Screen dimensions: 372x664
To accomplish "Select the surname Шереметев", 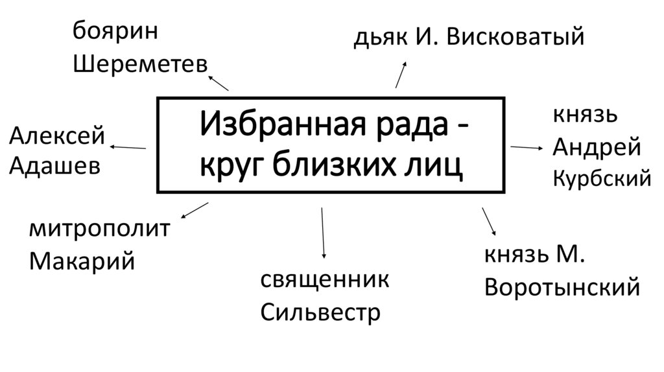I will point(140,64).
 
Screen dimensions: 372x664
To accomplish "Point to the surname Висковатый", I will point(521,38).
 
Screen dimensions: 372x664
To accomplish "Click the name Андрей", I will point(597,148).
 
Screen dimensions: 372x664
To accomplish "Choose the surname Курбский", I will point(602,178).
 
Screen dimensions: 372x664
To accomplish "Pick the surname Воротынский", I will point(562,286).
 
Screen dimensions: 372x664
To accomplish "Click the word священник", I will point(325,281).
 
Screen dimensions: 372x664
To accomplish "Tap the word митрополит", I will point(99,230).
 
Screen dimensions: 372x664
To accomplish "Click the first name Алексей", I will point(57,135).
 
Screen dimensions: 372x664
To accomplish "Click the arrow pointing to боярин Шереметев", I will point(219,82).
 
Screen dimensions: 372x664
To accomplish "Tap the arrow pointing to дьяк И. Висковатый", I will point(401,75).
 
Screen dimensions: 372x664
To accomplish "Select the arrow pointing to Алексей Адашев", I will point(128,148).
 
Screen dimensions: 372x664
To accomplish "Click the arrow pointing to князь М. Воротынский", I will point(489,221).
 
